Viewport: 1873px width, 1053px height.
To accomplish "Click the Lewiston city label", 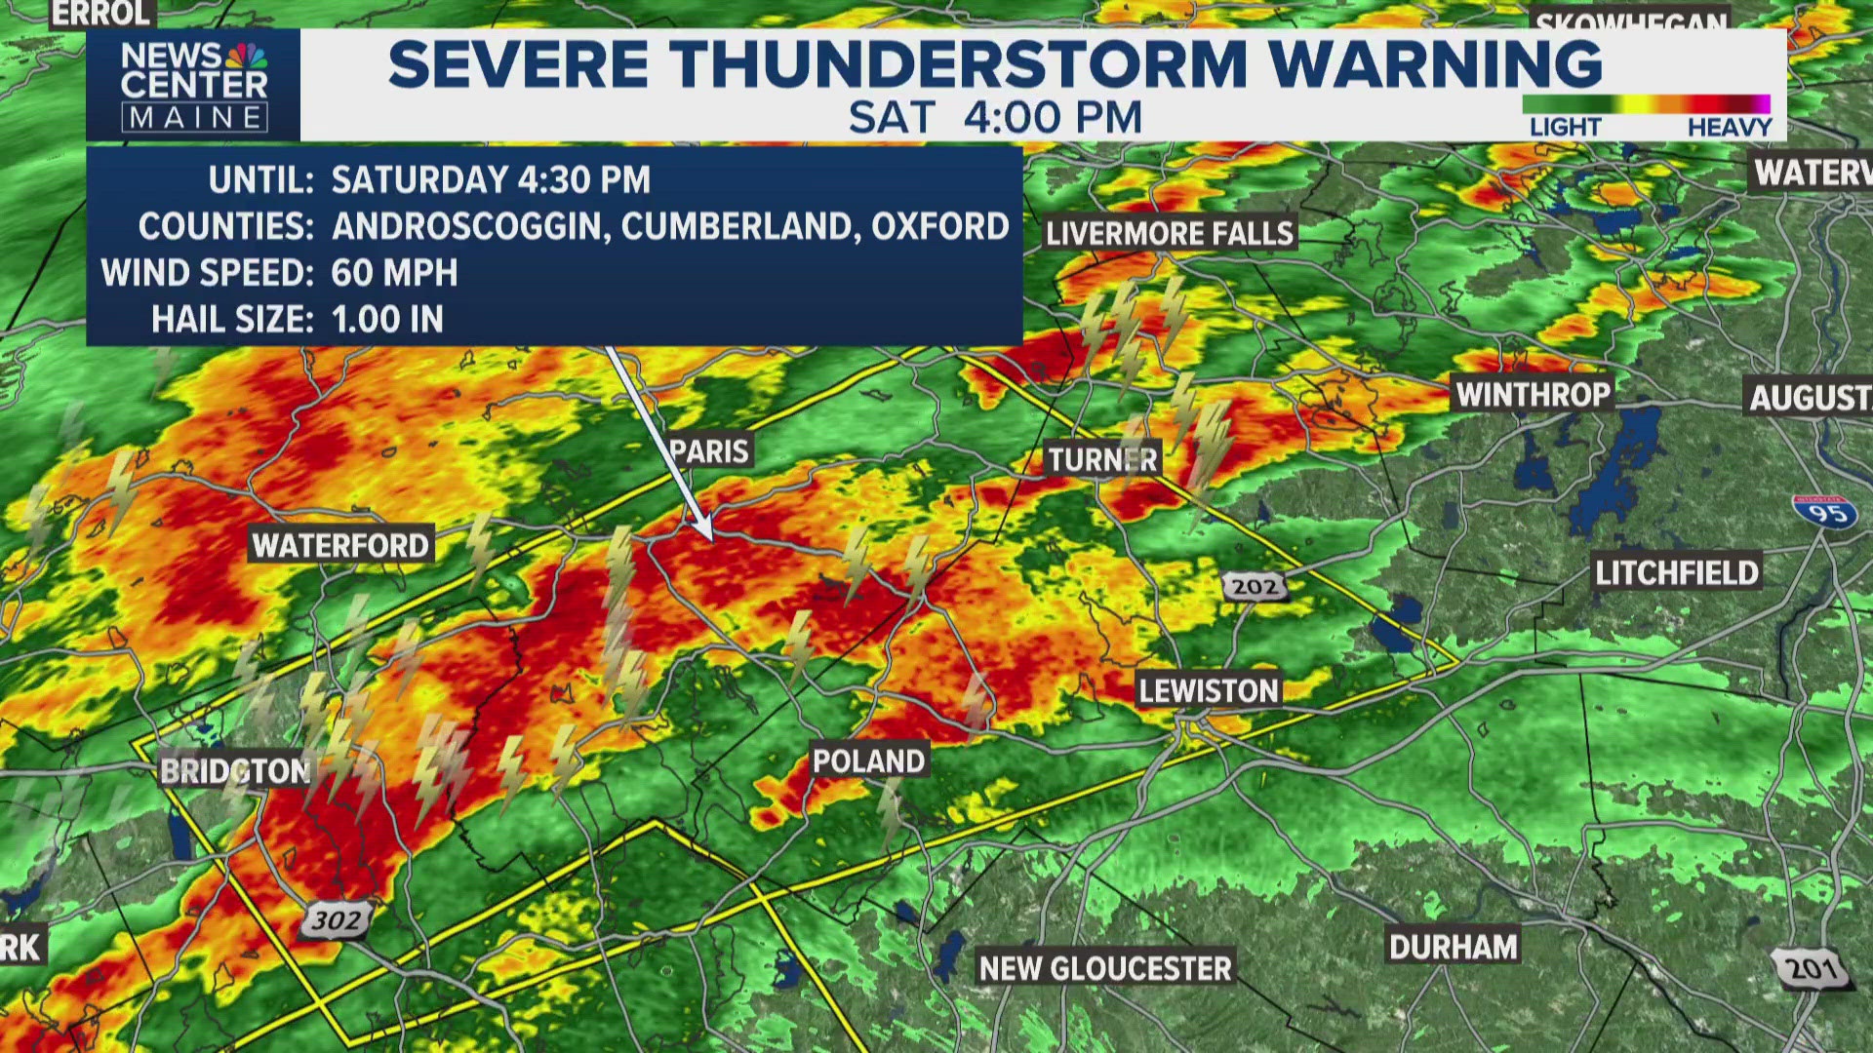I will (1208, 690).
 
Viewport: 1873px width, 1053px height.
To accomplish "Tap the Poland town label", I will (868, 760).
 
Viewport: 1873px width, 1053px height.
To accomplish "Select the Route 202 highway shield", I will (1254, 586).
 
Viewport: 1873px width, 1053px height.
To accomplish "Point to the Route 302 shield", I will (337, 919).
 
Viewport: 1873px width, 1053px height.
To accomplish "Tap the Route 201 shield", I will (1812, 967).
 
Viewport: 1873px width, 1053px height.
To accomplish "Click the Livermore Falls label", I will (1169, 233).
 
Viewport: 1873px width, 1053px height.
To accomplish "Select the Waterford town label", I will (340, 545).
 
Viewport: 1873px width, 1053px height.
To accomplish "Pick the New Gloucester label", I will (1105, 968).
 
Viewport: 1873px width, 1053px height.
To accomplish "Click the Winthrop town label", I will (1533, 394).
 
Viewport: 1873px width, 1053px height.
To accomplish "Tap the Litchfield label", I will (1676, 572).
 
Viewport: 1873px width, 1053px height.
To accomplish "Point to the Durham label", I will (1453, 947).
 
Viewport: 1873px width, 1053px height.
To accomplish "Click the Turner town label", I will (1102, 459).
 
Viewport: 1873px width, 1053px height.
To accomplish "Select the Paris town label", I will (709, 450).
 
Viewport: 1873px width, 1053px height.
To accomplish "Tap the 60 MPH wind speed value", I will (394, 273).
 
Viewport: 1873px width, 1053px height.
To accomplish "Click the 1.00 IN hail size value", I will (387, 320).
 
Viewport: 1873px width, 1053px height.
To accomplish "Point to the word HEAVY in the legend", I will (1729, 128).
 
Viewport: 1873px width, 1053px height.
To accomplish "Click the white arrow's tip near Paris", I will (711, 538).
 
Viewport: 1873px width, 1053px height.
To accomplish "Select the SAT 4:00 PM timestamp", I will (994, 118).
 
